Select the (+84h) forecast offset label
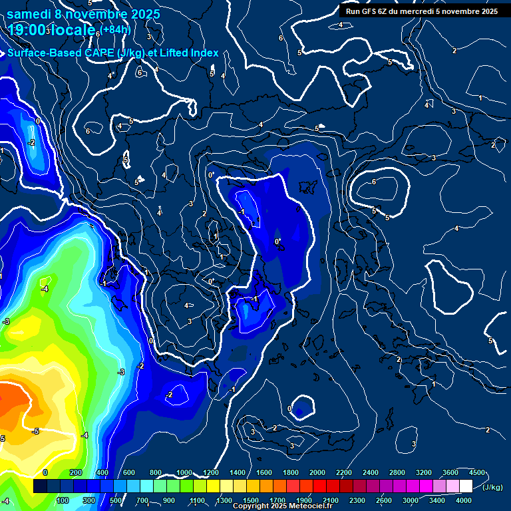point(116,29)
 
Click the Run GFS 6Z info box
point(422,11)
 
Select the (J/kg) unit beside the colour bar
point(492,487)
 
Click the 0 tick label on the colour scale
point(45,472)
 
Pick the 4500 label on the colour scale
point(476,472)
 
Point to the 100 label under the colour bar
point(63,500)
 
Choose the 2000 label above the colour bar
point(317,472)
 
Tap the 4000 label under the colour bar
point(464,500)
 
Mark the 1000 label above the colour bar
point(183,472)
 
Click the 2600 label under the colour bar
point(383,500)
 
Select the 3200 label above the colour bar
point(423,472)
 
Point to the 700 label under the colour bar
point(143,500)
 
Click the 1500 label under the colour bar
point(250,500)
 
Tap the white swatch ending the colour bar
point(466,486)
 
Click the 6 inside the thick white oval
point(374,182)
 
